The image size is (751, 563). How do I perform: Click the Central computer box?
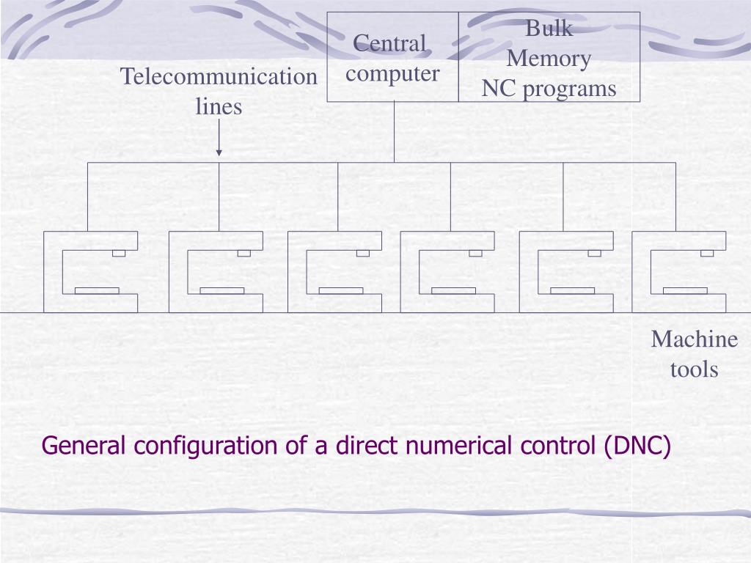(393, 57)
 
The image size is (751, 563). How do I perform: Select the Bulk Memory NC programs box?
(549, 57)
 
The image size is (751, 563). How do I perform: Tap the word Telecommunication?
(219, 76)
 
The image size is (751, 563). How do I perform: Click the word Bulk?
(549, 29)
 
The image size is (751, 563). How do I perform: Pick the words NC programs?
(549, 89)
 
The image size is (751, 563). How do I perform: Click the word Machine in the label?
(694, 339)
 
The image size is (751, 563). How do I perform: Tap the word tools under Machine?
(694, 369)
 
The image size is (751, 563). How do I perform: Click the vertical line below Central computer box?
(394, 132)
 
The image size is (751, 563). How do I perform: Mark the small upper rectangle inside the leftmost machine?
(119, 253)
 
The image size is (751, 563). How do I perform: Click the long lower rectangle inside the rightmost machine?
(685, 290)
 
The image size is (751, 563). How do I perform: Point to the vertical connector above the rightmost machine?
(675, 196)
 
